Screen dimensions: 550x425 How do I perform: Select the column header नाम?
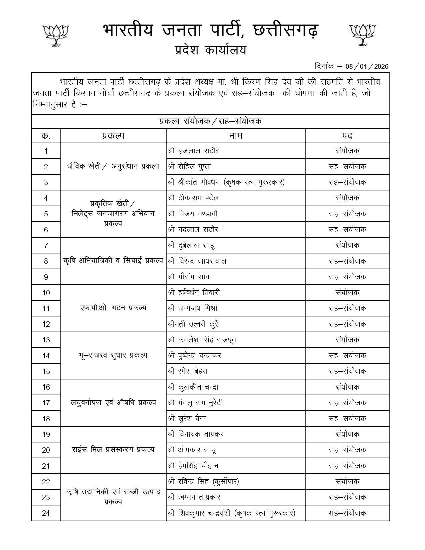tap(235, 136)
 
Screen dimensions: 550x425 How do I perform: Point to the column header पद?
tap(347, 136)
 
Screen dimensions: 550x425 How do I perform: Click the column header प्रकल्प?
tap(113, 136)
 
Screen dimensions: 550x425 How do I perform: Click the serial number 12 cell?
tap(46, 324)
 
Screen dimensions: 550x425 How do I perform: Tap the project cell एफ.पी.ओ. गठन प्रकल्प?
tap(113, 308)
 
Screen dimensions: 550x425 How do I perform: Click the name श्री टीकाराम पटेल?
tap(194, 198)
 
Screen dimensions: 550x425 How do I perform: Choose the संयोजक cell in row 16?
tap(347, 387)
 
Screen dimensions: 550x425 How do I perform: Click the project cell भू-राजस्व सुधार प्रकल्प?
tap(113, 355)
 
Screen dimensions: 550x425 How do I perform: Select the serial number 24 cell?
tap(46, 513)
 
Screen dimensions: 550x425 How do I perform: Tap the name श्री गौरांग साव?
tap(189, 277)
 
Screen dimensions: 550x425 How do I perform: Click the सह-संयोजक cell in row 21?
tap(347, 466)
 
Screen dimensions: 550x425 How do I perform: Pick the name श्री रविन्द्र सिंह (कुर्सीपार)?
tap(204, 482)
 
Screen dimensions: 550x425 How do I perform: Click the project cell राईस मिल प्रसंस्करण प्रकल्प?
tap(113, 450)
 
